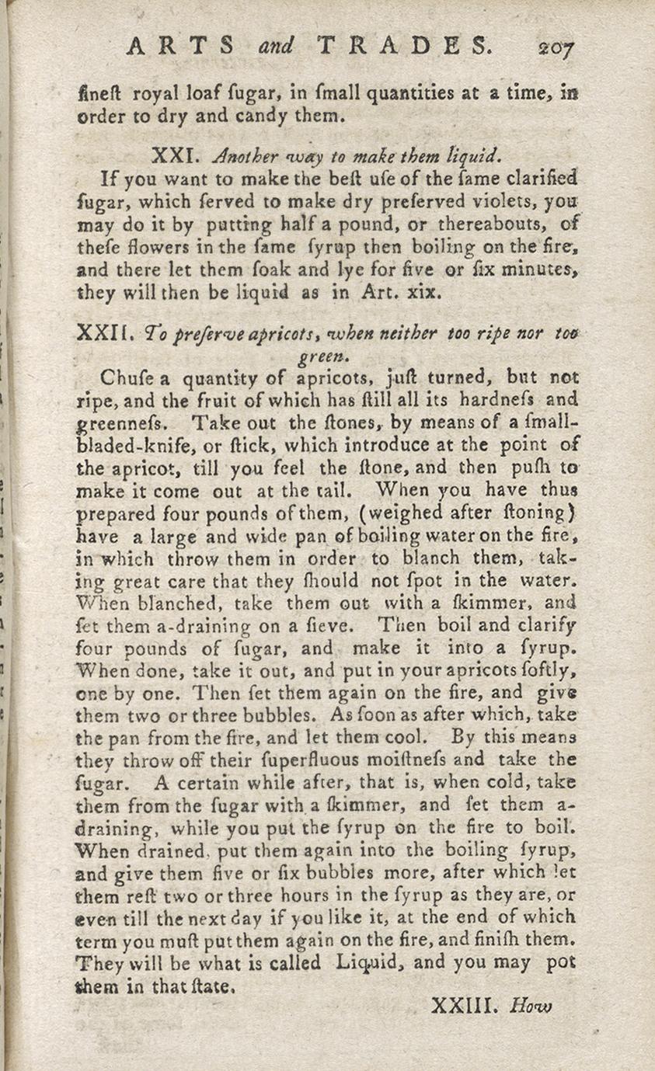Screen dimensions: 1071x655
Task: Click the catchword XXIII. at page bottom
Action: pos(462,1007)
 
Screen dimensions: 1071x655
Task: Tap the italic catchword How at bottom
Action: pos(531,1007)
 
